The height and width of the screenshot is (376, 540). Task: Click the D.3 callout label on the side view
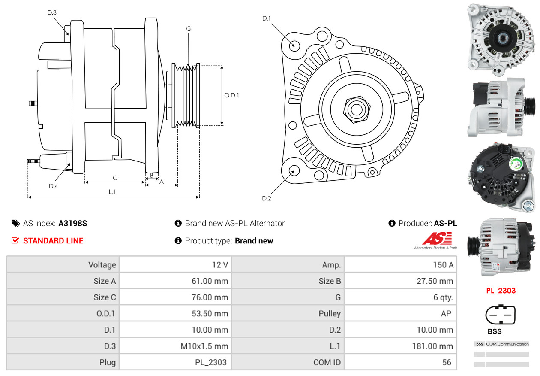coord(52,12)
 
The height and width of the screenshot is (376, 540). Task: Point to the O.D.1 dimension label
coord(231,95)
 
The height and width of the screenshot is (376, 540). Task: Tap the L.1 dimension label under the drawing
coord(112,192)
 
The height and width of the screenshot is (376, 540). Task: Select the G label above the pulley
coord(189,29)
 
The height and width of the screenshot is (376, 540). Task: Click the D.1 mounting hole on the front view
coord(294,45)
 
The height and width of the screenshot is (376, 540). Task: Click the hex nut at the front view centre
coord(356,109)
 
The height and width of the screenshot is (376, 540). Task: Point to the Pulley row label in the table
coord(330,313)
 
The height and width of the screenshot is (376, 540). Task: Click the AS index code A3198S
coord(73,223)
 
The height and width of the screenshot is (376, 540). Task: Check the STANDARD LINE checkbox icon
coord(15,240)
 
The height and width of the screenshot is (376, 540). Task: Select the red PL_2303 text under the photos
coord(501,291)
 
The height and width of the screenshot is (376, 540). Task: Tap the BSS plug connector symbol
coord(500,315)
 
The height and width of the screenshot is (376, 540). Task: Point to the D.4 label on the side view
coord(53,186)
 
